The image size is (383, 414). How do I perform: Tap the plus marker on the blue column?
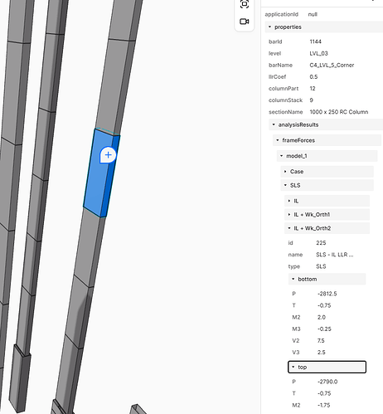(x=108, y=155)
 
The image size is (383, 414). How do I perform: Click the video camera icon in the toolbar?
(x=245, y=22)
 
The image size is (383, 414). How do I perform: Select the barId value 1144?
(x=315, y=41)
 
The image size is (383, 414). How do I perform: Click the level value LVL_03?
(x=318, y=53)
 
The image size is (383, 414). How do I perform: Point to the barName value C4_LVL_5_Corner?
(x=332, y=66)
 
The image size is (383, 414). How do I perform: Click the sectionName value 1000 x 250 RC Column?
(x=339, y=112)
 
